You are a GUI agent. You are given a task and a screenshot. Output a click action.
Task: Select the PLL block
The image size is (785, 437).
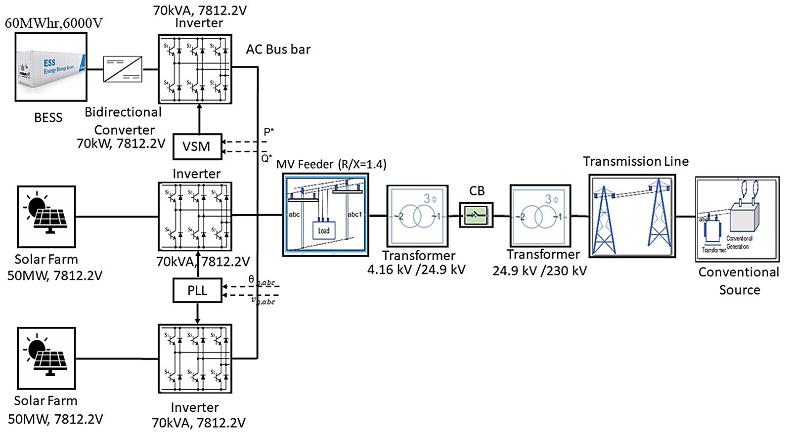[x=197, y=290]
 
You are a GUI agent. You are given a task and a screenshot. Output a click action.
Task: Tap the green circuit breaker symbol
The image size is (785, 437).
[x=476, y=215]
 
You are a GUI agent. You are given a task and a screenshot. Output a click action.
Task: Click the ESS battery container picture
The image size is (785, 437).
[x=51, y=67]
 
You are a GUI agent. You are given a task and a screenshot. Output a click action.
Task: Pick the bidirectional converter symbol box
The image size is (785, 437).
[x=123, y=69]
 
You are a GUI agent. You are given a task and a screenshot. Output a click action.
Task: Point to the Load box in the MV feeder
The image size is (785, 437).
[x=324, y=230]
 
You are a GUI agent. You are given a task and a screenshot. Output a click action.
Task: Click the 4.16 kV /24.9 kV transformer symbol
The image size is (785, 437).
[x=417, y=216]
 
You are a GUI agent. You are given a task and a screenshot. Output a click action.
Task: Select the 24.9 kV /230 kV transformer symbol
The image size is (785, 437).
[x=540, y=216]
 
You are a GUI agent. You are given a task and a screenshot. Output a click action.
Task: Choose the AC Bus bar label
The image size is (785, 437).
[x=278, y=49]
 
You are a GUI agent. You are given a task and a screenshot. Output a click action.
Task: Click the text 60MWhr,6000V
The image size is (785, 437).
[x=54, y=23]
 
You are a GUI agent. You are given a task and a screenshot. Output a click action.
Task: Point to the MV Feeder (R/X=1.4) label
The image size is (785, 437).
[x=331, y=165]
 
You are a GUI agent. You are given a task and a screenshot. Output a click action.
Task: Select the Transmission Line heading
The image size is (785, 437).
[x=636, y=161]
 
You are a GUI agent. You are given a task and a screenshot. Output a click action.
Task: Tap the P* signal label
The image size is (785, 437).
[x=268, y=132]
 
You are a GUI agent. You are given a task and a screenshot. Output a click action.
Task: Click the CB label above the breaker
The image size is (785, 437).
[x=477, y=191]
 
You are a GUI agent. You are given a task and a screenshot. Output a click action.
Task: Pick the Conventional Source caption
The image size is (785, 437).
[x=739, y=281]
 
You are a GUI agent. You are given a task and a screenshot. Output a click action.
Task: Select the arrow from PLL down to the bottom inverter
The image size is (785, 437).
[x=197, y=313]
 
